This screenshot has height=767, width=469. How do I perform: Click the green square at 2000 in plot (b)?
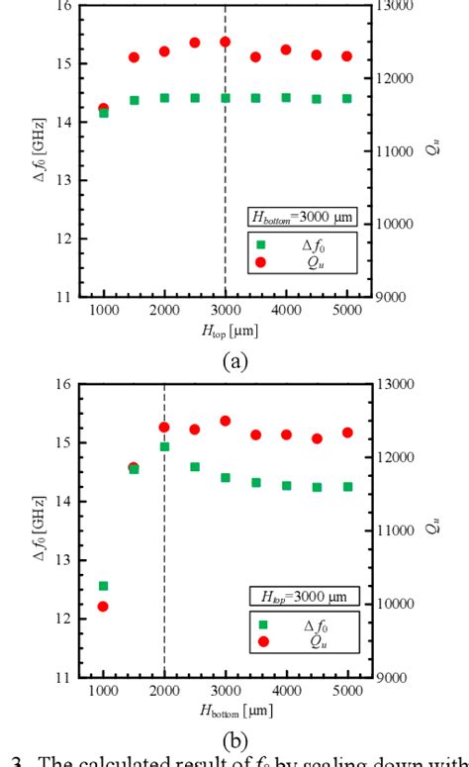point(164,447)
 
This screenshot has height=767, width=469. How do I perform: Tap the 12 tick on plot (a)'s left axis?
point(64,239)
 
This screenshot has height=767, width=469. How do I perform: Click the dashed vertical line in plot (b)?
point(164,554)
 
